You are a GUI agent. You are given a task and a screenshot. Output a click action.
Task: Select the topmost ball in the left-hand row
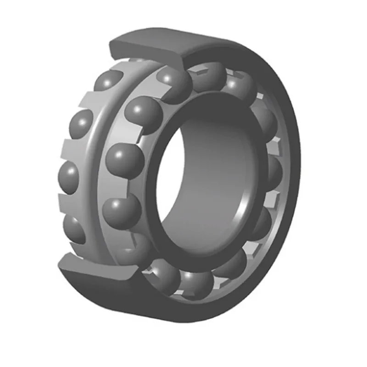click(108, 81)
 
